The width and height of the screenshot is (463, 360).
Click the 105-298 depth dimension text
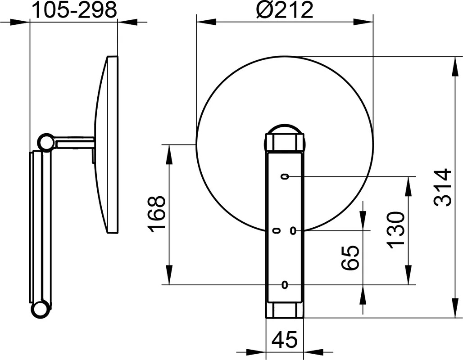pos(74,10)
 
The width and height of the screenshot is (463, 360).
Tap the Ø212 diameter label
pos(285,10)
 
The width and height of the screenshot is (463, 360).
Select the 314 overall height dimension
pos(442,187)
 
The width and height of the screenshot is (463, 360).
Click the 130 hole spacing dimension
pos(395,230)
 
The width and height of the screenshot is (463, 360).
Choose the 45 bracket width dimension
pos(285,340)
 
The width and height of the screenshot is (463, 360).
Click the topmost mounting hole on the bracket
pos(285,176)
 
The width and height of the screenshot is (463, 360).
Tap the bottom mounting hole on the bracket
pos(285,284)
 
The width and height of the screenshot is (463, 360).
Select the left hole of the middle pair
pos(277,230)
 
